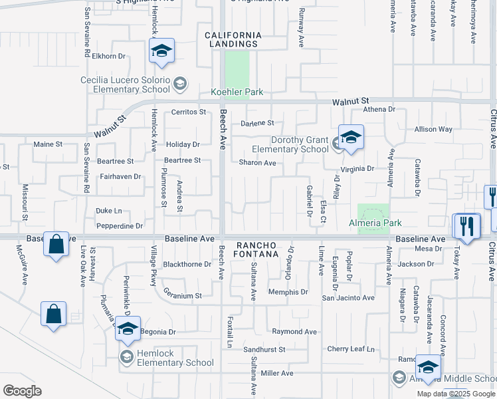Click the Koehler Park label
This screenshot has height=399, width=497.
[x=237, y=92]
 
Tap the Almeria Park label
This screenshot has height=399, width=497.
[x=375, y=223]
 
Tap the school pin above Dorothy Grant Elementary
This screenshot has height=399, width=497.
[x=351, y=138]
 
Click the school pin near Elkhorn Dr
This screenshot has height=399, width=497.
[x=161, y=51]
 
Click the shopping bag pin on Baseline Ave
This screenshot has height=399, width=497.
[x=56, y=244]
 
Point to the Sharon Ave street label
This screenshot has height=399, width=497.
[x=257, y=163]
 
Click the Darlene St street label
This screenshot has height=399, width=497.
[x=257, y=123]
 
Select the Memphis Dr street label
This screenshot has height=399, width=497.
[x=288, y=292]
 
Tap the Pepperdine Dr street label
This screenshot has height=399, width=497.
[x=120, y=226]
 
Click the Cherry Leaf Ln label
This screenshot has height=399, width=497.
[x=351, y=349]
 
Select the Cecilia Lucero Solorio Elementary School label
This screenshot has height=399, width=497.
[x=125, y=84]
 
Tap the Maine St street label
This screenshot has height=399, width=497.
[x=48, y=144]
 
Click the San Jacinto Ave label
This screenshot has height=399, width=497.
[x=348, y=298]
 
